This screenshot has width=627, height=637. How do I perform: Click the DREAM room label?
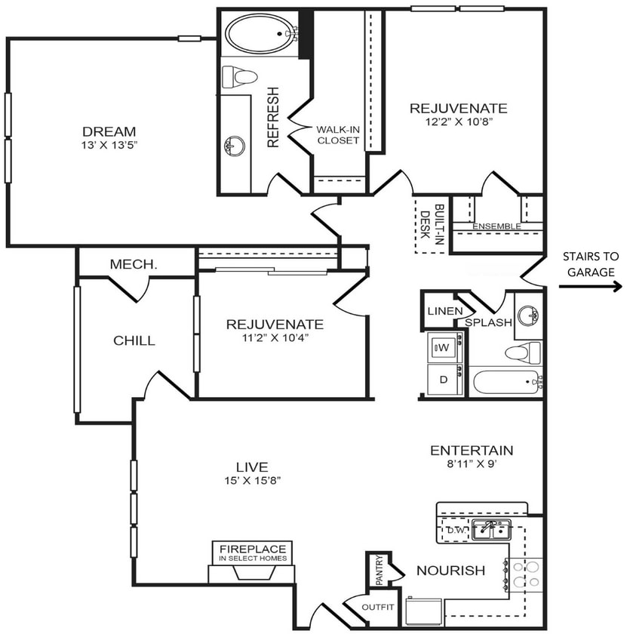(x=109, y=131)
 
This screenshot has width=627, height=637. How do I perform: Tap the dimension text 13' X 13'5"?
(x=109, y=144)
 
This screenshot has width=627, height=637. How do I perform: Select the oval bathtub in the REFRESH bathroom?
(x=260, y=33)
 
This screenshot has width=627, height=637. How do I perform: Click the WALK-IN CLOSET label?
(x=338, y=134)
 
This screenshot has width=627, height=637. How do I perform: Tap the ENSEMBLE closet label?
(x=496, y=226)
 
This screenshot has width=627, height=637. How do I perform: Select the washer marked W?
(x=443, y=348)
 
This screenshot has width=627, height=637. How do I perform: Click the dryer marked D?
(x=443, y=380)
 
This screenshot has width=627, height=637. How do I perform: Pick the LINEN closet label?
(x=440, y=311)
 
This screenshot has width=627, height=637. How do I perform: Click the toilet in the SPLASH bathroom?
(x=523, y=352)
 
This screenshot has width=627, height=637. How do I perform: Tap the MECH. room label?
(x=134, y=264)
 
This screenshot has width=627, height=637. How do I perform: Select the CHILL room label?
(x=134, y=340)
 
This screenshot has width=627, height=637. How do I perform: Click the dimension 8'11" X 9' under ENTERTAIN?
(x=472, y=464)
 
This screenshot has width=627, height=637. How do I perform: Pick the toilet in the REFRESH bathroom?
(x=240, y=76)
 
